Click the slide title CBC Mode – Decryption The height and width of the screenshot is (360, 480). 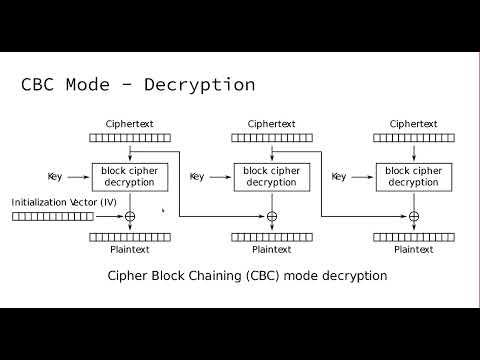tap(138, 84)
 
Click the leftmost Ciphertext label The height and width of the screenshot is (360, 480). tap(129, 124)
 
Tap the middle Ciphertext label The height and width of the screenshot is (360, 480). tap(271, 124)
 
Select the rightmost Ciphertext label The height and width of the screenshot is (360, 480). tap(413, 124)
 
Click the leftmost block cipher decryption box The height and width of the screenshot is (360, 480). tap(129, 177)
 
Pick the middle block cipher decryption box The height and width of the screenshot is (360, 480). tap(271, 177)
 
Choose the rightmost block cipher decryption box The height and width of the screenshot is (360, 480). tap(413, 177)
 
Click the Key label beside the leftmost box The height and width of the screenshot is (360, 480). tap(54, 177)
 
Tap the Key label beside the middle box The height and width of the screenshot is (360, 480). tap(197, 177)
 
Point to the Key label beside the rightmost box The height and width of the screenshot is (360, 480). tap(339, 177)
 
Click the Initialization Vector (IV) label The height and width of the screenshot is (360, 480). tap(64, 202)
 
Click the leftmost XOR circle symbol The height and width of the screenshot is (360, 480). tap(129, 216)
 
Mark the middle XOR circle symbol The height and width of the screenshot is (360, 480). tap(271, 216)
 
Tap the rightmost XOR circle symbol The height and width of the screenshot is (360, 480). tap(413, 216)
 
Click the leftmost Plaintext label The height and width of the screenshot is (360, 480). tap(129, 250)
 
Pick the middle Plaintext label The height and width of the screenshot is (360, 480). tap(271, 250)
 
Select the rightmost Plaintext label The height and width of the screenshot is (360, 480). tap(413, 250)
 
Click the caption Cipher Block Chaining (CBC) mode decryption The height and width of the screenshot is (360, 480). tap(246, 275)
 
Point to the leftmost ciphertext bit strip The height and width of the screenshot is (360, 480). tap(129, 139)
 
